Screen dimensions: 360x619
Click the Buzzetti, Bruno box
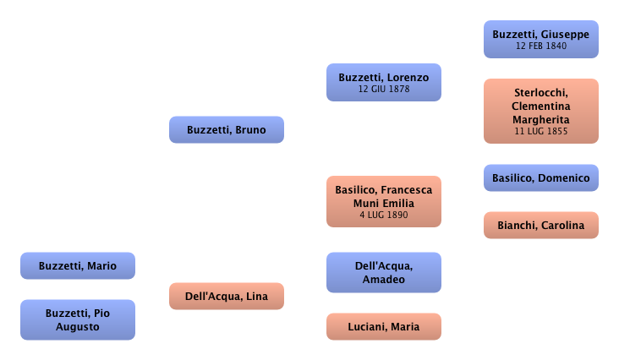click(x=226, y=130)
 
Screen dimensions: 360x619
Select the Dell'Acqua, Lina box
click(x=226, y=296)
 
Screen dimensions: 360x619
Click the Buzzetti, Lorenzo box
click(x=383, y=82)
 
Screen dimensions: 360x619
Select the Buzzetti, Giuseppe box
click(x=541, y=39)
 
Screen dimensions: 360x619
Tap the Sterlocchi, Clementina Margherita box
click(x=541, y=111)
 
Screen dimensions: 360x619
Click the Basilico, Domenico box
click(x=541, y=178)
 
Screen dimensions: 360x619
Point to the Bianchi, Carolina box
click(x=541, y=226)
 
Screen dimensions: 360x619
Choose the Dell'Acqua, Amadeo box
click(x=383, y=272)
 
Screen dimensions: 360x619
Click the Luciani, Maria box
click(x=383, y=325)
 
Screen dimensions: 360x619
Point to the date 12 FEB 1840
click(x=541, y=46)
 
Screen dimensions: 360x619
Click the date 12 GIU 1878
click(x=383, y=89)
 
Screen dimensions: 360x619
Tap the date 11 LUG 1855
click(x=541, y=131)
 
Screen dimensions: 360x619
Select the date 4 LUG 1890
click(x=383, y=215)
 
